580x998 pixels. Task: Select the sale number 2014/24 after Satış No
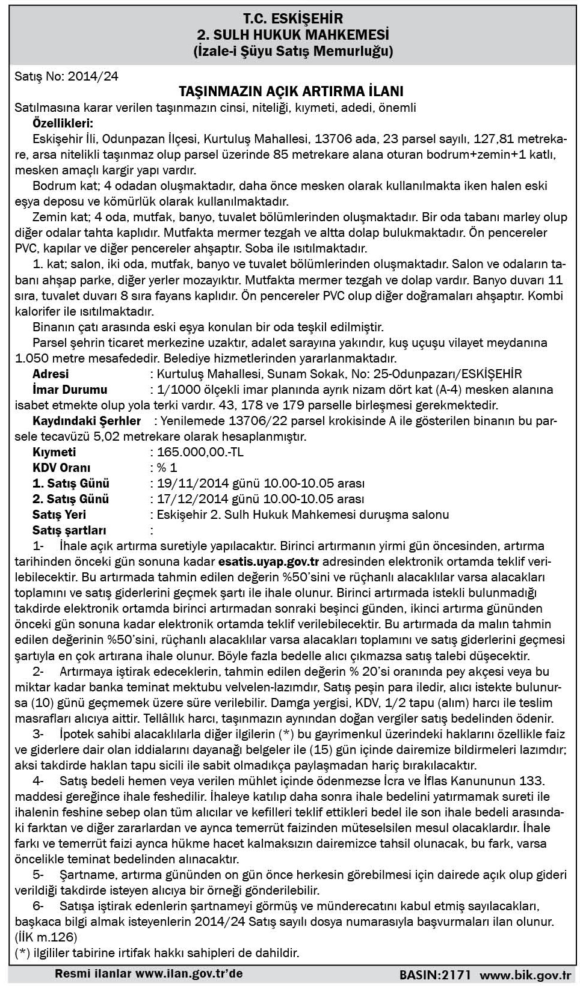point(93,76)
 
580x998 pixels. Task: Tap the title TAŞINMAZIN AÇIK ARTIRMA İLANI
point(291,91)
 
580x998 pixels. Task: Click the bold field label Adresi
point(51,374)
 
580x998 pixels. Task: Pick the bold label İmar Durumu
point(70,390)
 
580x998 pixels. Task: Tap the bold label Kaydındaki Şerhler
point(86,421)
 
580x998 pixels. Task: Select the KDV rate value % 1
point(167,468)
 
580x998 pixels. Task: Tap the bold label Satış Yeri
point(59,515)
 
